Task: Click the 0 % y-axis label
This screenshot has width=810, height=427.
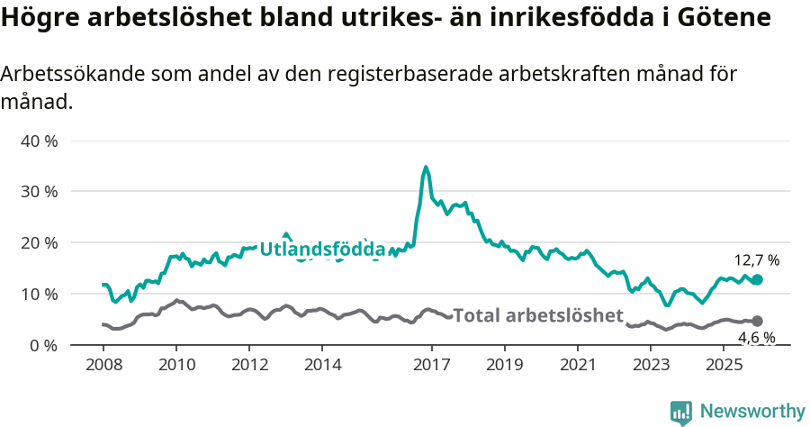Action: pyautogui.click(x=45, y=345)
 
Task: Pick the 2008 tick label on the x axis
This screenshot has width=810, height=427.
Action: pyautogui.click(x=103, y=365)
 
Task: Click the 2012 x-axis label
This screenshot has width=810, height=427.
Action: pyautogui.click(x=249, y=365)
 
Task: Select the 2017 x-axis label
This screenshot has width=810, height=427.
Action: pyautogui.click(x=431, y=365)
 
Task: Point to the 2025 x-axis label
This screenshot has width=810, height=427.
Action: pyautogui.click(x=723, y=365)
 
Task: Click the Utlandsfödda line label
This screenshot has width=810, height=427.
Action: pyautogui.click(x=322, y=250)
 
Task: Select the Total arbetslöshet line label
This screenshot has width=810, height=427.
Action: pyautogui.click(x=537, y=315)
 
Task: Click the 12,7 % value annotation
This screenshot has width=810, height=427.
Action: pyautogui.click(x=757, y=260)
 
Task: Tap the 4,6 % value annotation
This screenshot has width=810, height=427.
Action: pyautogui.click(x=757, y=339)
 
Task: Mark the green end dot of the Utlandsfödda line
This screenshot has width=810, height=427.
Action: pyautogui.click(x=757, y=280)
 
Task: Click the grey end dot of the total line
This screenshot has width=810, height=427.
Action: pyautogui.click(x=757, y=321)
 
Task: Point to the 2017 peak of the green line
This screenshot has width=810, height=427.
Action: pyautogui.click(x=426, y=167)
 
